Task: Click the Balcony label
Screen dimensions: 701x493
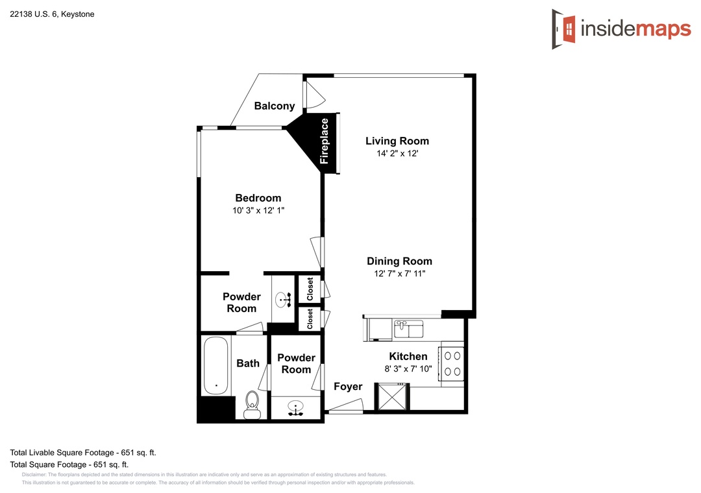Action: pos(275,106)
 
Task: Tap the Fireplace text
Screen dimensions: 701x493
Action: pos(324,141)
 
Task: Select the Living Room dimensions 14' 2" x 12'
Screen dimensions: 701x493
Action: pos(397,153)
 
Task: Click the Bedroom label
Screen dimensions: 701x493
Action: pos(258,198)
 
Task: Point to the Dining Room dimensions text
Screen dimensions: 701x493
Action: pos(400,274)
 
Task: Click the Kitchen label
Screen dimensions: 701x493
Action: pos(408,356)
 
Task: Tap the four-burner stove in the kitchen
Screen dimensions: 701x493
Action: pos(452,364)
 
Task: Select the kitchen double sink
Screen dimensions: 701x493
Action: pos(409,329)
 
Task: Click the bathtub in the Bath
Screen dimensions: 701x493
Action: pos(215,365)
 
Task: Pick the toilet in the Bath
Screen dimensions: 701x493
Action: pos(252,405)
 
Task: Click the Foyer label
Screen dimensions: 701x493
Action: pos(348,387)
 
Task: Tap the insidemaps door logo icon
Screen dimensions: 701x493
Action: pos(564,29)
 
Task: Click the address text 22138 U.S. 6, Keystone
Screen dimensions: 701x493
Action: pos(53,14)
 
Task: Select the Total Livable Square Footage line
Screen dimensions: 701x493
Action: pos(83,453)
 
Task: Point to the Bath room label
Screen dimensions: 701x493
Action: pos(248,363)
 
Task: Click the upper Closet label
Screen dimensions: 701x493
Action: pos(310,289)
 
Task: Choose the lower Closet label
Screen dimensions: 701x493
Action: pos(310,319)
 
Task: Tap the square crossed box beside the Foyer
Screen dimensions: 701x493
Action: pos(393,397)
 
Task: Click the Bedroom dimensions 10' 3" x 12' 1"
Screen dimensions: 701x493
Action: pos(258,211)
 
